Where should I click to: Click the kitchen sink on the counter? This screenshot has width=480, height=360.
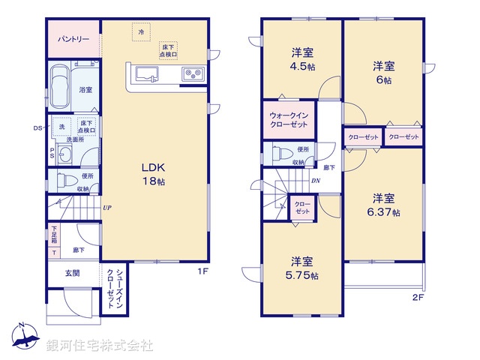[146, 73]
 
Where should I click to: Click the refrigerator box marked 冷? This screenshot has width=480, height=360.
[141, 32]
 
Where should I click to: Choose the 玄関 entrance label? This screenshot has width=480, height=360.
[71, 274]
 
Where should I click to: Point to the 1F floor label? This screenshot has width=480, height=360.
[202, 271]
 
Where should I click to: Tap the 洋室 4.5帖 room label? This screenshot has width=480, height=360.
[302, 59]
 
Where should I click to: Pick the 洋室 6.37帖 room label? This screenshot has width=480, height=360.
[384, 205]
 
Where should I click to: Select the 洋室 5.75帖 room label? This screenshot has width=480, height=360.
[302, 268]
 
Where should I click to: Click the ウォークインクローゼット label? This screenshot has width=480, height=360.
[288, 120]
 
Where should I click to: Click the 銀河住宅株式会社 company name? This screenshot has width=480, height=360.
[100, 346]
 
